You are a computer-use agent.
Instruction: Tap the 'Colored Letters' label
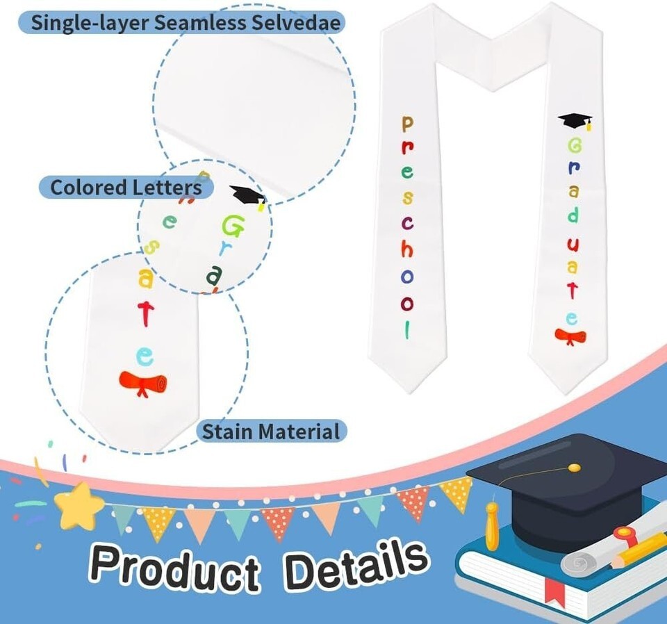[126, 187]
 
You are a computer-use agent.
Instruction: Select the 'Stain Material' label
[271, 432]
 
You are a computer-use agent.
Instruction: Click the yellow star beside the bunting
[79, 505]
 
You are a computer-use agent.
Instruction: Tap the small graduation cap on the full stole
[576, 122]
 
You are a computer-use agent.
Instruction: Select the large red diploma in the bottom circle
[143, 384]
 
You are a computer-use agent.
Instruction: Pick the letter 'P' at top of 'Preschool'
[407, 124]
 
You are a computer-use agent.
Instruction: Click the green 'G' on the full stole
[575, 146]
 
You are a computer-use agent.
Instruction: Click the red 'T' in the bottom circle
[145, 313]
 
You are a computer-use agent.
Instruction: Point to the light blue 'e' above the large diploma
[145, 357]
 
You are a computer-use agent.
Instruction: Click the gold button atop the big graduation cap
[574, 468]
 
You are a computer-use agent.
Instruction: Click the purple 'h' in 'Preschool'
[407, 249]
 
